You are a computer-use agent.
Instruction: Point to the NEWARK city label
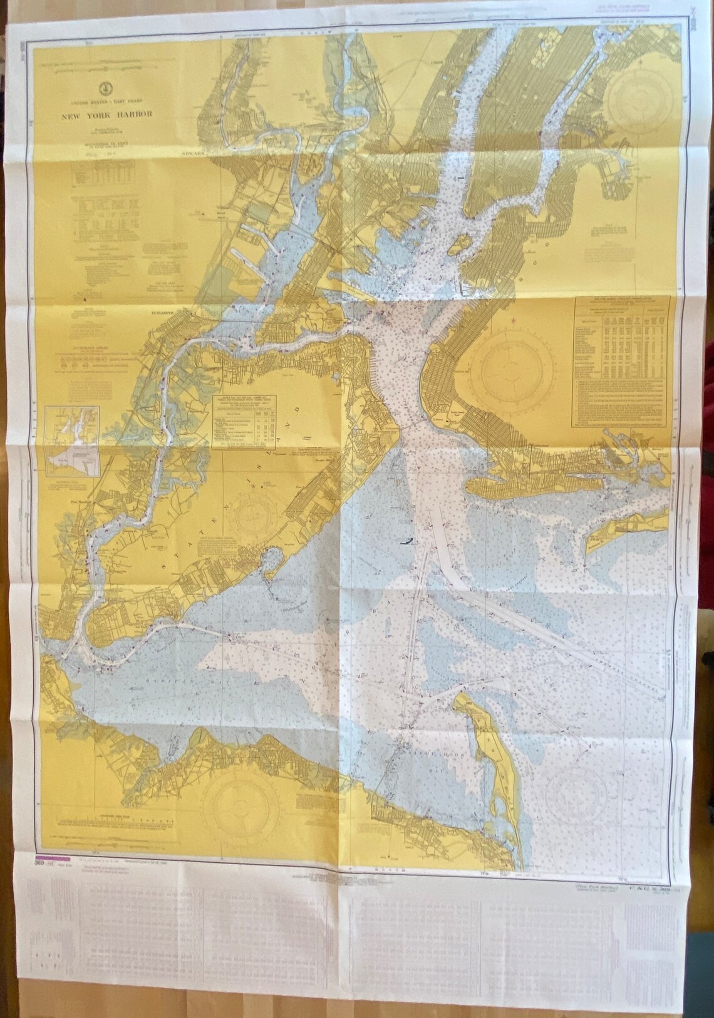pos(190,152)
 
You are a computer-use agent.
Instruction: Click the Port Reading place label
pos(65,502)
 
